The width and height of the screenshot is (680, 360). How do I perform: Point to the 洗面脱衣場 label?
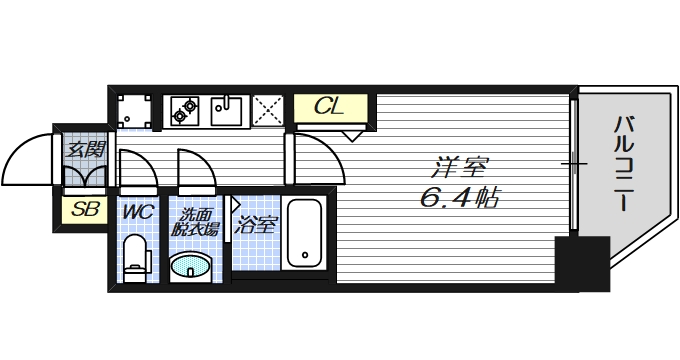pos(192,220)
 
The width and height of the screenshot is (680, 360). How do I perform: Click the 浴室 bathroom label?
pos(256,224)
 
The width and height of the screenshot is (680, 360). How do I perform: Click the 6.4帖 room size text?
pos(461,198)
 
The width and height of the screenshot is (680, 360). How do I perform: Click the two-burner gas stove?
pos(184,109)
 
